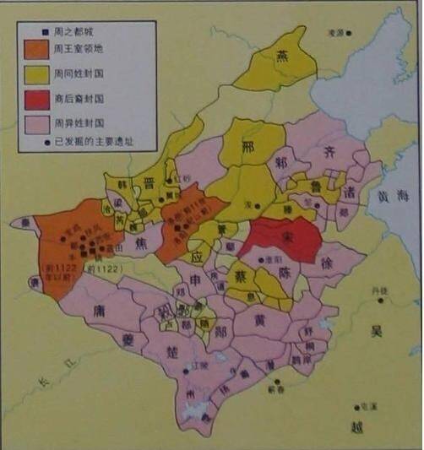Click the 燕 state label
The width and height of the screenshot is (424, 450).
tap(282, 55)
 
